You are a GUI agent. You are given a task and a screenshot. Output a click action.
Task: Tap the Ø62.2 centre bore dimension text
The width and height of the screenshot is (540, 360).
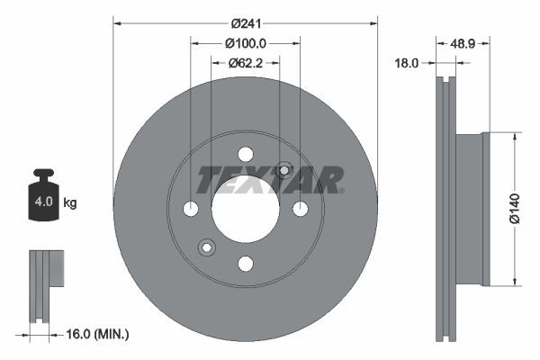pyautogui.click(x=245, y=62)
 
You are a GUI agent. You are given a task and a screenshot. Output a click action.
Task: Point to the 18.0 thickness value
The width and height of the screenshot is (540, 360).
pyautogui.click(x=409, y=62)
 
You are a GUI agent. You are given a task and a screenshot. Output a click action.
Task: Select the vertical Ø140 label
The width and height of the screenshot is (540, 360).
pyautogui.click(x=514, y=207)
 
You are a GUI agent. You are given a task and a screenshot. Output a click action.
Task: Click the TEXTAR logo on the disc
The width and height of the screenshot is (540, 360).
pyautogui.click(x=270, y=179)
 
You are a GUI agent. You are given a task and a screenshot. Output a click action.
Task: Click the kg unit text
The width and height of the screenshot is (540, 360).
pyautogui.click(x=70, y=203)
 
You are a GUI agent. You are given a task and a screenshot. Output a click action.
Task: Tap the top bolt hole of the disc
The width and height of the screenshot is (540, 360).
pyautogui.click(x=245, y=154)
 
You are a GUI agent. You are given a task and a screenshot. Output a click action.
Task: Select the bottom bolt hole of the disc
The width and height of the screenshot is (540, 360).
pyautogui.click(x=245, y=264)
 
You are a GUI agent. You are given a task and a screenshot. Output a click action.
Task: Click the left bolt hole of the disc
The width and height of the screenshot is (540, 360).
pyautogui.click(x=190, y=209)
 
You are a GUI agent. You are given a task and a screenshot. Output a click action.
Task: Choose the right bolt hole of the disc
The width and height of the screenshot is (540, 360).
pyautogui.click(x=301, y=209)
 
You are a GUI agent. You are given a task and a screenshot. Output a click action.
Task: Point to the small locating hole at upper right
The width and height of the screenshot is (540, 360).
pyautogui.click(x=284, y=169)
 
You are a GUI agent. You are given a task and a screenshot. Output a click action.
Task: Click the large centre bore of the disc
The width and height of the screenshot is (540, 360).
pyautogui.click(x=245, y=209)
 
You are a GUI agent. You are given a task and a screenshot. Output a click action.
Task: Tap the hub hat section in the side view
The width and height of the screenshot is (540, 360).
pyautogui.click(x=472, y=209)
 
